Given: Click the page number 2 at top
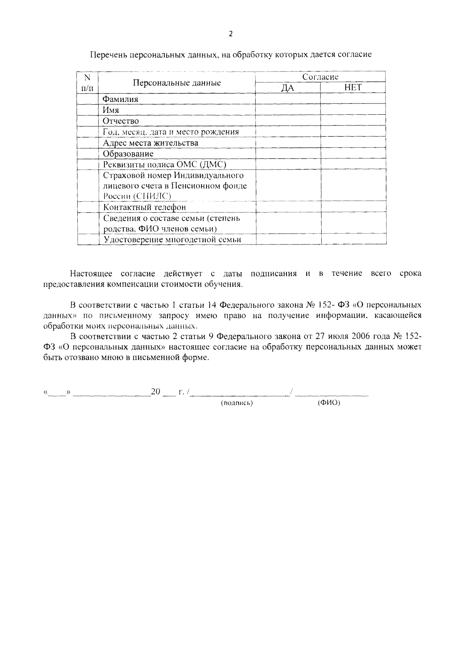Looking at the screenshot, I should coord(231,34).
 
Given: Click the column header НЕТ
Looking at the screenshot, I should coord(353,88).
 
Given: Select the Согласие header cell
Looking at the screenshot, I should coord(320,77).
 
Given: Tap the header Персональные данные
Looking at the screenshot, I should coord(177,83).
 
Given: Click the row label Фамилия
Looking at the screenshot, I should coord(120,99).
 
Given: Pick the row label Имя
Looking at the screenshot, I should coord(111,110).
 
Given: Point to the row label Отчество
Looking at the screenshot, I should coord(121,121).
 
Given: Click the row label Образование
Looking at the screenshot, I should coord(128,154).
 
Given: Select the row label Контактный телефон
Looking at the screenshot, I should coord(144,207).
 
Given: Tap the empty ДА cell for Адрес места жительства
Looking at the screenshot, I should coord(288,143).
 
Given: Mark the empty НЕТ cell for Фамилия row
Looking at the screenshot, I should coord(353,99).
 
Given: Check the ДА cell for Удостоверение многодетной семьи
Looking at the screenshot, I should coord(288,239).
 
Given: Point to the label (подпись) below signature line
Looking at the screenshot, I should coord(237,403).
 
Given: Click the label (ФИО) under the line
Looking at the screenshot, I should coord(329,403).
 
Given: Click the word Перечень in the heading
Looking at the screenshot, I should coord(107,54).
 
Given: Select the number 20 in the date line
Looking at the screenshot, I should coord(155,392).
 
